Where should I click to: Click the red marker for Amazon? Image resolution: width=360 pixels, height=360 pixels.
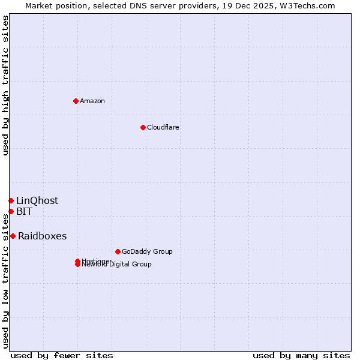point(76,101)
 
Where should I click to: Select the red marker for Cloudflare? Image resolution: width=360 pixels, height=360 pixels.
point(143,127)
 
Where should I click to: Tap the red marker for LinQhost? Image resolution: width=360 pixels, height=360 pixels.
point(11,200)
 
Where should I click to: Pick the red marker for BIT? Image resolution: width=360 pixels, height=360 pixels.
point(11,211)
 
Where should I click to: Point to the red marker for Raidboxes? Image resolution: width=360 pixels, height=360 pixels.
point(13,236)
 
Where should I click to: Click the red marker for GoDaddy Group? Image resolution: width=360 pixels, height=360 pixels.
point(118,251)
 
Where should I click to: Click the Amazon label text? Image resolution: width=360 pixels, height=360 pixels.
point(92,101)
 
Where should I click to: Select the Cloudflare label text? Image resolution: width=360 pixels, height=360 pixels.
point(163,127)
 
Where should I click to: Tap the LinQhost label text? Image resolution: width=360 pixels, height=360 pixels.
point(37,200)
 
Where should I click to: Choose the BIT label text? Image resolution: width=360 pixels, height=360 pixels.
point(25,211)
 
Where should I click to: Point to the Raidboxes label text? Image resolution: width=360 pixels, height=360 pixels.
point(43,236)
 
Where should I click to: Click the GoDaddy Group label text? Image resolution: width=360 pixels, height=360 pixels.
point(147,251)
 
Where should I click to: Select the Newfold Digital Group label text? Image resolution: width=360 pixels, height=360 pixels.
point(118,265)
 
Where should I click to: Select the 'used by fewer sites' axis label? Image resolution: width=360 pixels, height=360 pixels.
point(62,355)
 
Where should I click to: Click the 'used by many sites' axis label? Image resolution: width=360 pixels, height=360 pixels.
point(301,355)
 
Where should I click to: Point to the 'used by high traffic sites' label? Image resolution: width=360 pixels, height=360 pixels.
point(5,85)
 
